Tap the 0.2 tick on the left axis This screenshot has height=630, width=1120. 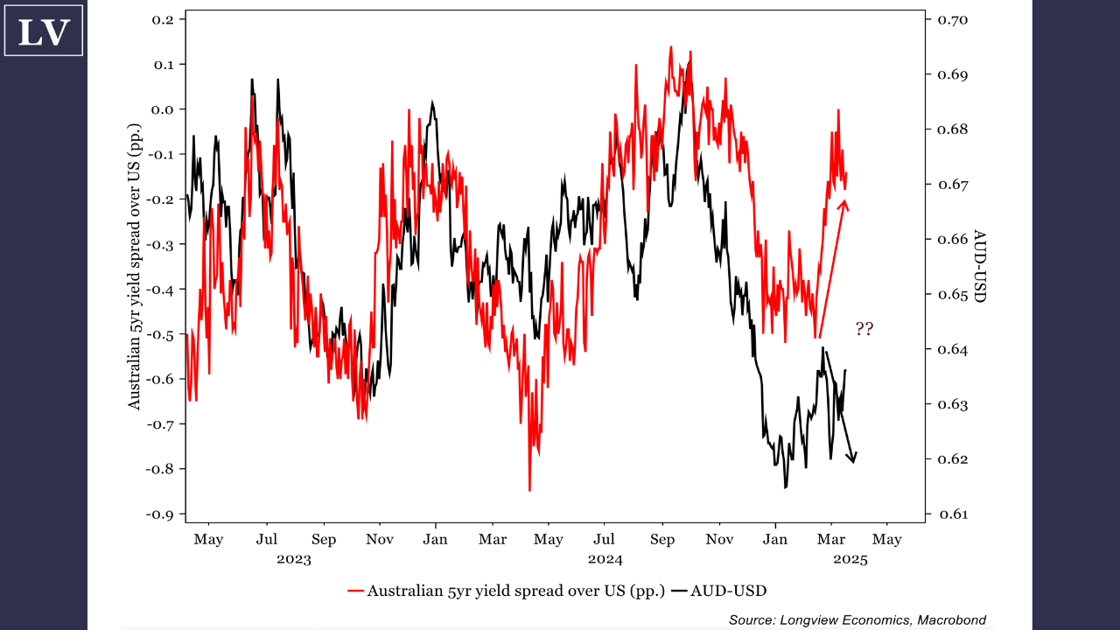[x=164, y=19]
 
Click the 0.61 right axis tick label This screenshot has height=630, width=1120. [x=951, y=514]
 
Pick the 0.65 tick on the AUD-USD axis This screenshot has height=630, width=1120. [x=951, y=295]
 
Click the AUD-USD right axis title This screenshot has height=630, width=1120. [x=980, y=267]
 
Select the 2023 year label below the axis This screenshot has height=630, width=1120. [x=294, y=559]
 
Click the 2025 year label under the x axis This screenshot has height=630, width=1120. [x=850, y=559]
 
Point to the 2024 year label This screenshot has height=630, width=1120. [x=605, y=559]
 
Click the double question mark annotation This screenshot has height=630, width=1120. [x=864, y=330]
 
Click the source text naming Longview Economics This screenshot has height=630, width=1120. [x=857, y=620]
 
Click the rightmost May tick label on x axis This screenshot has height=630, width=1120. [x=886, y=539]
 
